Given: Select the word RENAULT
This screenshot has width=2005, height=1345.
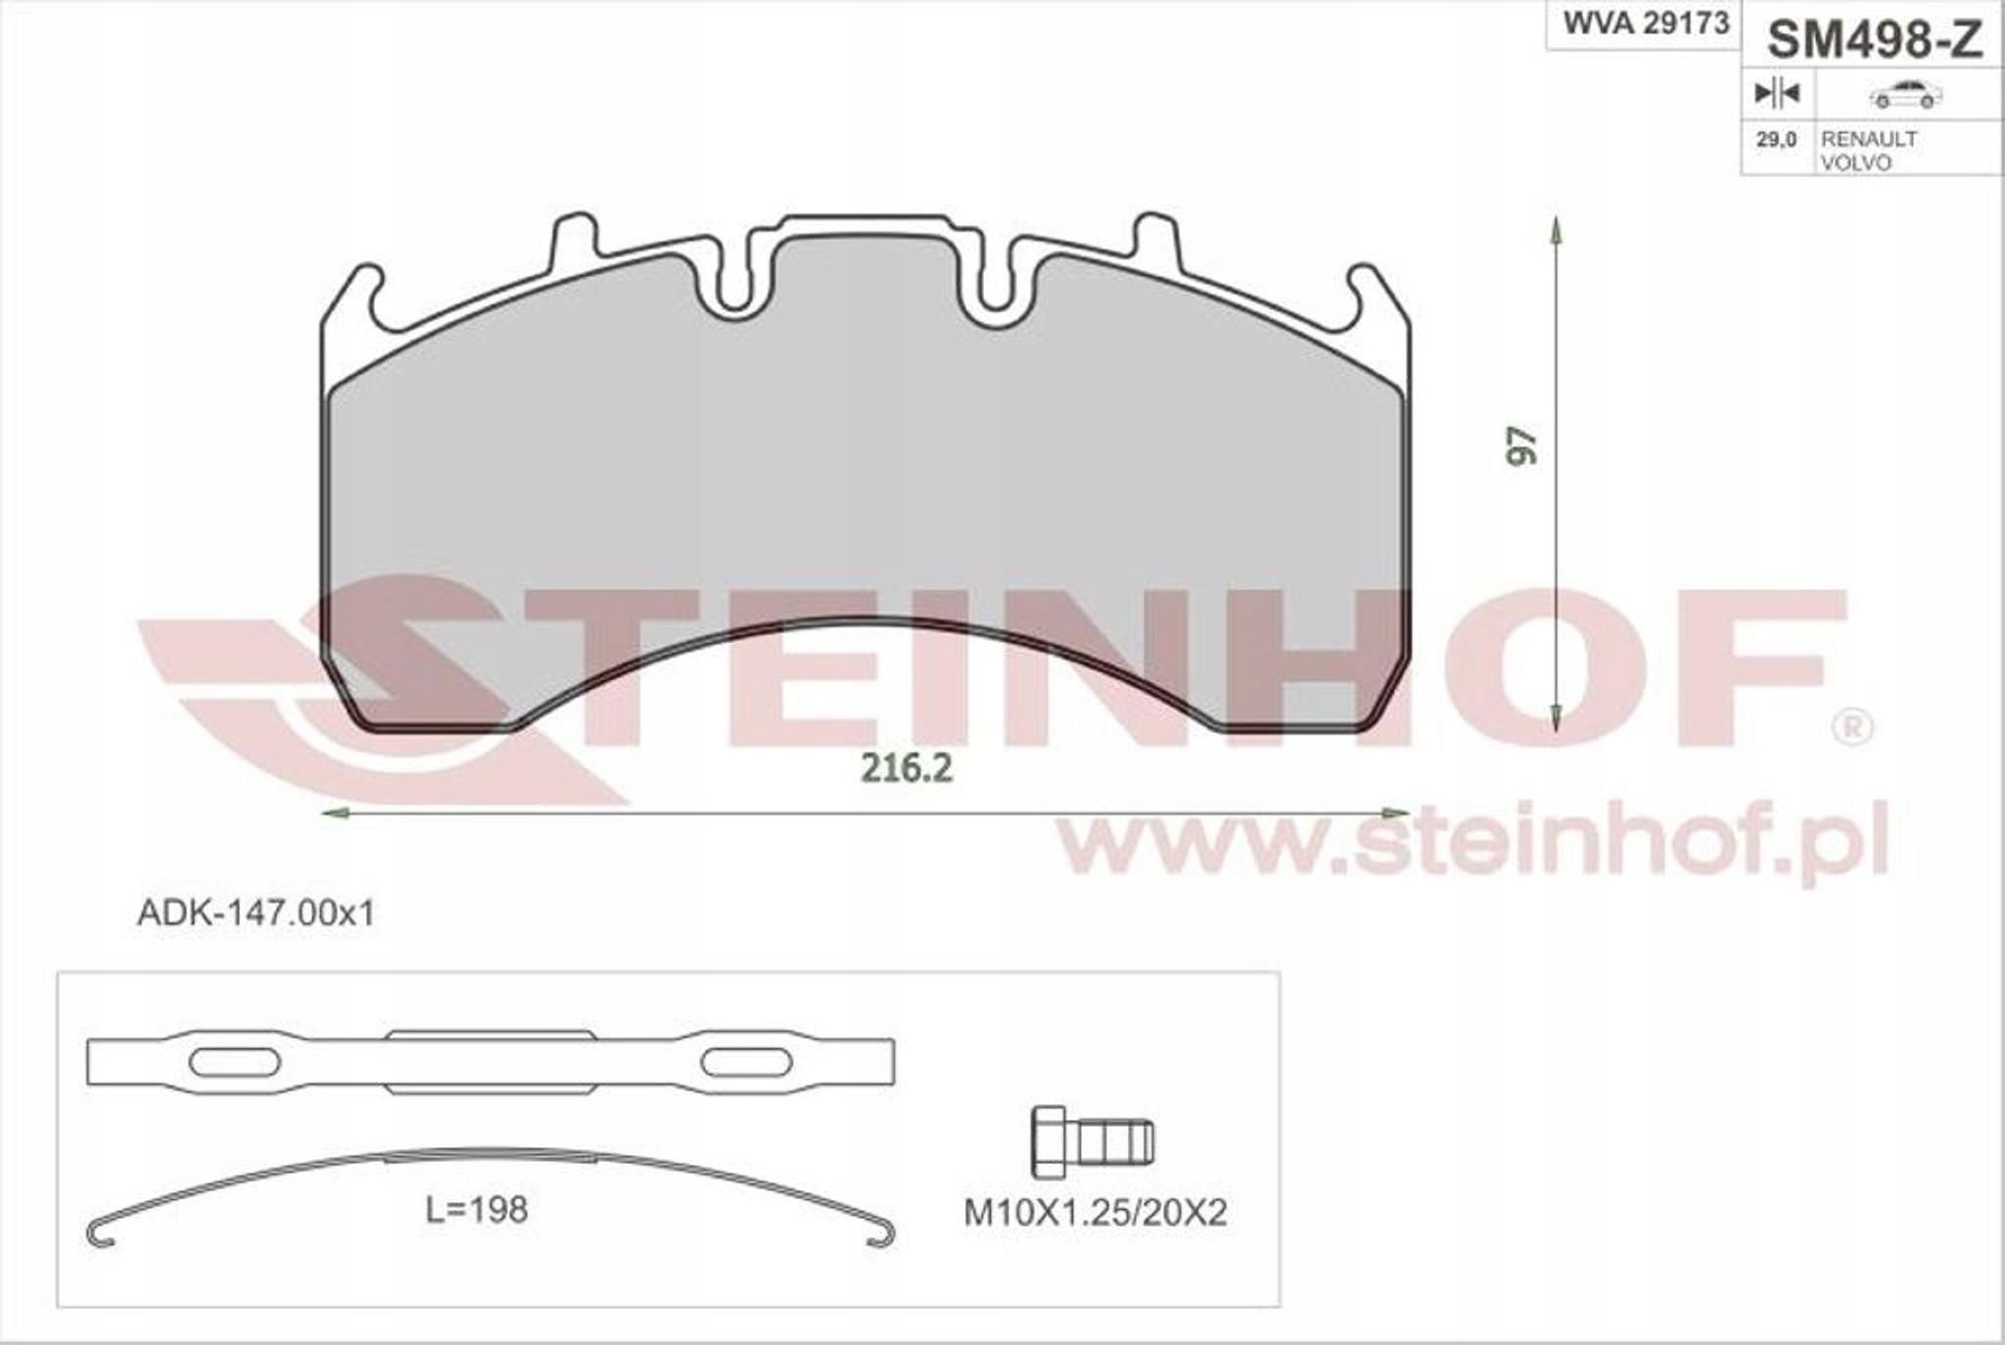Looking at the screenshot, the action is pos(1868,138).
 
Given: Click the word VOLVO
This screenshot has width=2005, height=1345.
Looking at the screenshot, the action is pos(1855,162).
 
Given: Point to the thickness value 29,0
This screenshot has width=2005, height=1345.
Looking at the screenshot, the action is pos(1776,139).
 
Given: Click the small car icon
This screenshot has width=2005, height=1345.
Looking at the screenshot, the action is pos(1905,95).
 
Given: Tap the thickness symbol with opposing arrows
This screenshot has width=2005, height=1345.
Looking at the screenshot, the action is pos(1776,94).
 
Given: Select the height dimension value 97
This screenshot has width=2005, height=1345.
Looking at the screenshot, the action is pos(1522,445).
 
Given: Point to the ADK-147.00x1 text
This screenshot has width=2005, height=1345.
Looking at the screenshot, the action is pos(256,913).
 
